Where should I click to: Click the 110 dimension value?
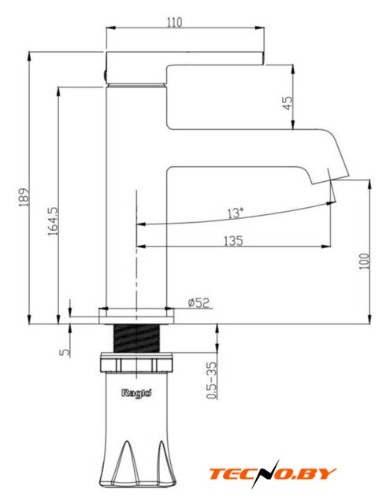click(174, 22)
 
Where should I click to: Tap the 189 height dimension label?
click(24, 197)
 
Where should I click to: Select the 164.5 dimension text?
click(53, 220)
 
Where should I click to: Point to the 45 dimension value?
click(288, 103)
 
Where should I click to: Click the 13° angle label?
click(236, 213)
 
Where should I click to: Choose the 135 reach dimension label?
click(233, 240)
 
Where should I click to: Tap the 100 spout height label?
click(364, 261)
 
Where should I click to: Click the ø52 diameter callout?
click(199, 302)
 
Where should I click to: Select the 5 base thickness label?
click(65, 352)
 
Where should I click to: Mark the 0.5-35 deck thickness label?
click(212, 380)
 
